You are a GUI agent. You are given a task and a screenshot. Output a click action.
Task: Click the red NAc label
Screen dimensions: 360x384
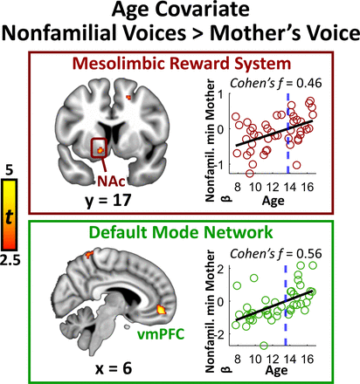111,181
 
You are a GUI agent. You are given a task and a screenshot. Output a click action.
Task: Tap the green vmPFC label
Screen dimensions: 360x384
161,334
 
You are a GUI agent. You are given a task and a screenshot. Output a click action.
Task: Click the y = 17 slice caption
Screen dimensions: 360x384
108,201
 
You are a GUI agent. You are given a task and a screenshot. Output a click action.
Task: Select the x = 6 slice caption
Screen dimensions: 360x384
114,368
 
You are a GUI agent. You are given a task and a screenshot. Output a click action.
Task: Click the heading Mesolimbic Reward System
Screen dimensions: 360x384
182,64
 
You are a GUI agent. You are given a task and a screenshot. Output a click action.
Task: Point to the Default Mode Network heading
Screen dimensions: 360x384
181,232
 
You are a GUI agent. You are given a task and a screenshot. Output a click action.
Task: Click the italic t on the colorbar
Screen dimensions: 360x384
9,216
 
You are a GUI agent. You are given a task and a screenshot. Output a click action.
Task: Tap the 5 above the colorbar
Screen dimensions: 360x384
10,170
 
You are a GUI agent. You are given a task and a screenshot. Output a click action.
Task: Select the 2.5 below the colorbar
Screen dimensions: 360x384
10,261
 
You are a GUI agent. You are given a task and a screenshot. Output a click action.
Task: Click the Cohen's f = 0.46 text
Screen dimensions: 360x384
276,83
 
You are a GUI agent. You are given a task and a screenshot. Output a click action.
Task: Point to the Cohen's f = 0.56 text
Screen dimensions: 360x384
276,254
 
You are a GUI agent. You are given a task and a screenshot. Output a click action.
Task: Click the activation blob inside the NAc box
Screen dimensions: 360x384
100,150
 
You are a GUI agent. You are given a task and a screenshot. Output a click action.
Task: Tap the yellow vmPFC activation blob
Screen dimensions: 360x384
161,309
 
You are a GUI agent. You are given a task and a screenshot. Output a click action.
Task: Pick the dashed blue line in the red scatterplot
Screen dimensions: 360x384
288,134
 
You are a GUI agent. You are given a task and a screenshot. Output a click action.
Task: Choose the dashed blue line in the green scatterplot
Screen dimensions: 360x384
286,305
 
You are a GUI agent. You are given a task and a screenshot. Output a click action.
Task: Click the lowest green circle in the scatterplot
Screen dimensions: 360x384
264,346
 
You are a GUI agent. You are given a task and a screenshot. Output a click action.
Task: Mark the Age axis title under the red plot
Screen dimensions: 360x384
273,201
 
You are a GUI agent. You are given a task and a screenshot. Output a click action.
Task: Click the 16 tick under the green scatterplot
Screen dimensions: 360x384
308,360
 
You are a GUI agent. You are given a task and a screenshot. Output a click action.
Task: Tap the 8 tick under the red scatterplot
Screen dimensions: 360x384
238,187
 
